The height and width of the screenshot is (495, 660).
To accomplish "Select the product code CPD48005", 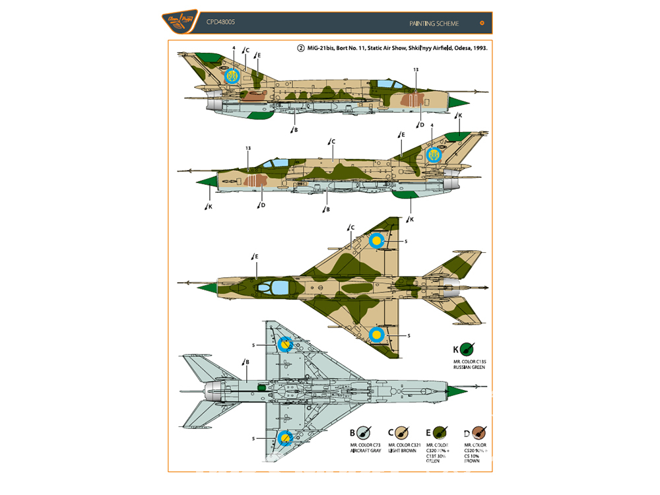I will click(x=221, y=22).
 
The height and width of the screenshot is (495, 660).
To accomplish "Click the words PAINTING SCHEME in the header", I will click(x=434, y=24).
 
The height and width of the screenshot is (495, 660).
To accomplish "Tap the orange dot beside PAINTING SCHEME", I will click(x=482, y=23).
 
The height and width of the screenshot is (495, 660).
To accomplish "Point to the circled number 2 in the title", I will click(x=301, y=49).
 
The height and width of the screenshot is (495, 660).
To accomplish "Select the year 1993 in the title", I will click(x=477, y=49).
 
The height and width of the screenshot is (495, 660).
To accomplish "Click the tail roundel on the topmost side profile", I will click(x=232, y=76).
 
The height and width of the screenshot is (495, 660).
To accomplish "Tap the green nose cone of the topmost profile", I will click(x=459, y=102).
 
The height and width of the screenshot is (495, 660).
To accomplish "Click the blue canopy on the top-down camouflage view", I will click(x=279, y=286).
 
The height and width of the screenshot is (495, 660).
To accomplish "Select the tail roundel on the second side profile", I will click(x=434, y=154).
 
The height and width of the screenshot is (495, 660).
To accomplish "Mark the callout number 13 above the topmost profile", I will click(x=415, y=70).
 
